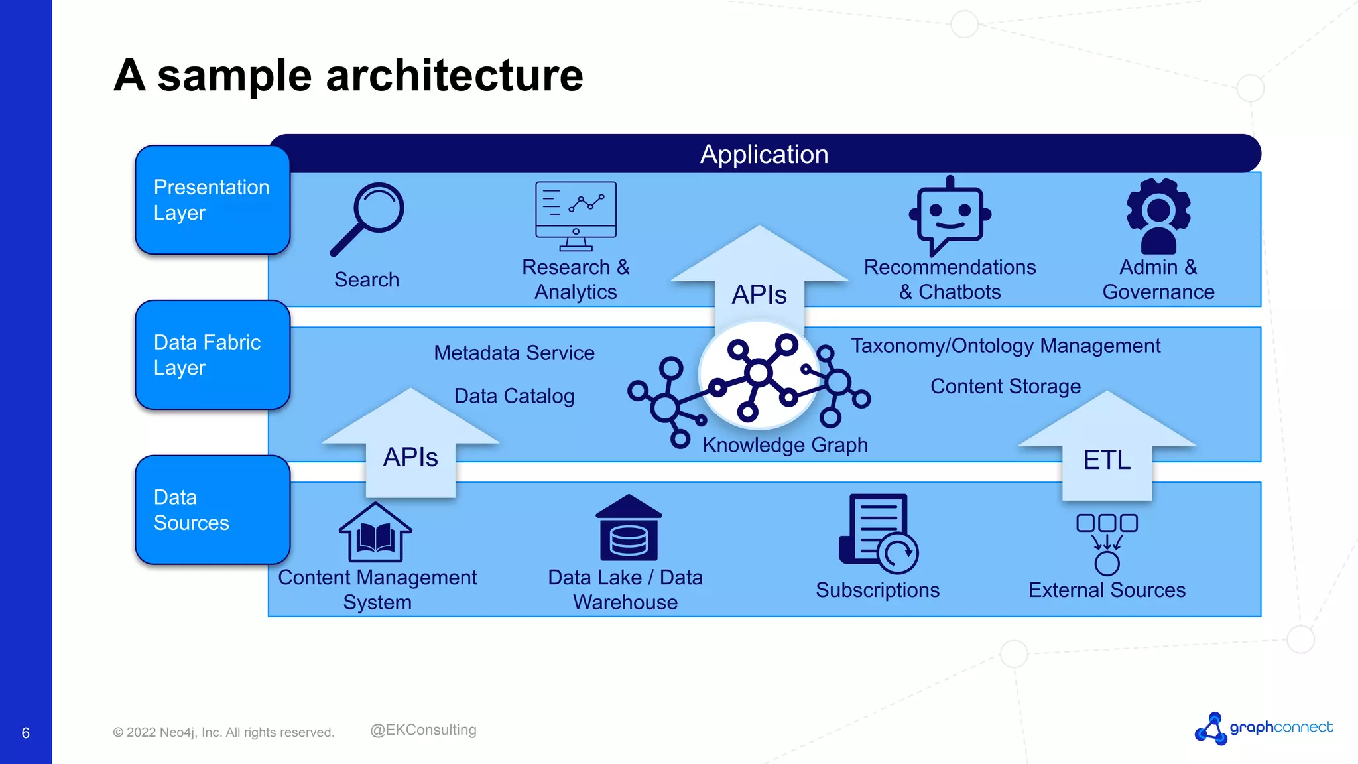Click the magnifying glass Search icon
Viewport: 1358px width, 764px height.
368,219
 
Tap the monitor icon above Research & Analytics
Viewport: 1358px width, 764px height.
576,216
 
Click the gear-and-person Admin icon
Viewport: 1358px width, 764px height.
1158,216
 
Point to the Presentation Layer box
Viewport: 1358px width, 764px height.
212,200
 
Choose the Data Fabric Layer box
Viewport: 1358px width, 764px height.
212,355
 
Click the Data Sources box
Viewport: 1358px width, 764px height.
212,510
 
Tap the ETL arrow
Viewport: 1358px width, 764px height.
1107,451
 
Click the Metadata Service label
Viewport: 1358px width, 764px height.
514,353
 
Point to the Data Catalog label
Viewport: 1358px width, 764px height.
514,396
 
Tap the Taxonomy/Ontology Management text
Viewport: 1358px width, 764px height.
1005,346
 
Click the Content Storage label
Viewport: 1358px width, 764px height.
1005,386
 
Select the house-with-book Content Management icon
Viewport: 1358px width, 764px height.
375,533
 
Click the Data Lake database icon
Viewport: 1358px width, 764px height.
629,529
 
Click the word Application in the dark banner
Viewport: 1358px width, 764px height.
764,154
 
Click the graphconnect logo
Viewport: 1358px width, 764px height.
1264,728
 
